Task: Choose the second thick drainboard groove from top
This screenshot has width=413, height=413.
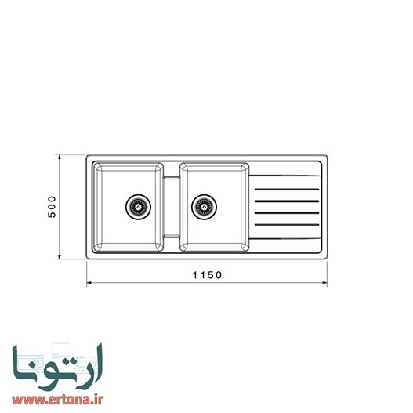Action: [x=288, y=201]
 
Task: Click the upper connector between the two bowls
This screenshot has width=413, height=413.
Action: [x=171, y=179]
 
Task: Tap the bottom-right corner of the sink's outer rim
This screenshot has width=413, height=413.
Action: [x=325, y=257]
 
